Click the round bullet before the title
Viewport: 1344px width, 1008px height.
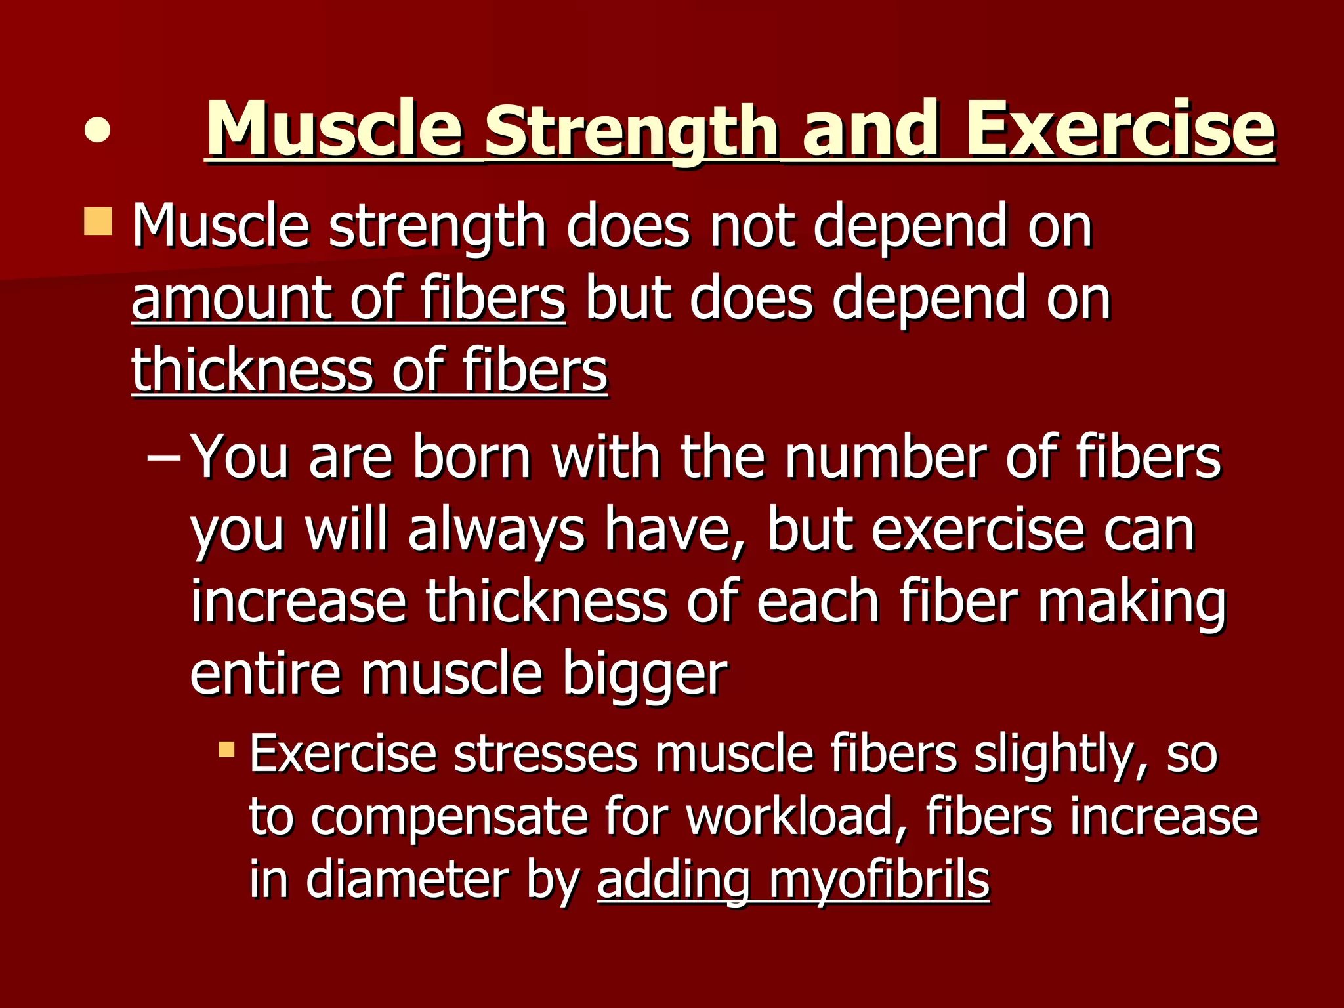[97, 129]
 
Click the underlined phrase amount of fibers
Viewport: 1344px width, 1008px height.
[348, 299]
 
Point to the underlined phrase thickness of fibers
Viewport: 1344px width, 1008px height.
[369, 371]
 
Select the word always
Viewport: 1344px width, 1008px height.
[496, 532]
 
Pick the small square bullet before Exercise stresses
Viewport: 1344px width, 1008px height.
[226, 749]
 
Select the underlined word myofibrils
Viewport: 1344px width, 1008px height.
[879, 881]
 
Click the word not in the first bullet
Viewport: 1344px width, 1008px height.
[752, 227]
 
